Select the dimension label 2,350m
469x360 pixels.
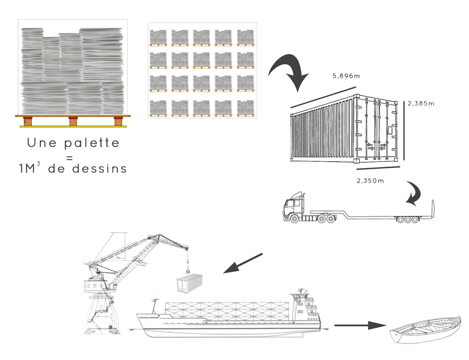(370, 180)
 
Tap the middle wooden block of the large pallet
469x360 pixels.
(73, 121)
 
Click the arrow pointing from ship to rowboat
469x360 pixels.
(360, 325)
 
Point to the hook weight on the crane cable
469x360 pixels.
(188, 269)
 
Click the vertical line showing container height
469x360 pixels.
(404, 130)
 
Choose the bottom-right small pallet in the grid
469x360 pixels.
(245, 108)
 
